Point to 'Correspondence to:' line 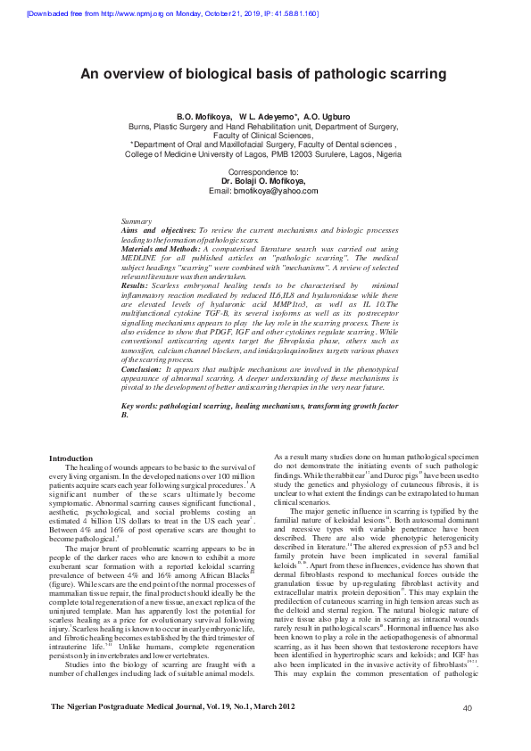coord(264,170)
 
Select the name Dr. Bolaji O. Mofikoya coord(263,180)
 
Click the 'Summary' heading coord(136,220)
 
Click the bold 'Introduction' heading coord(69,458)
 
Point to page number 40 coord(467,733)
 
